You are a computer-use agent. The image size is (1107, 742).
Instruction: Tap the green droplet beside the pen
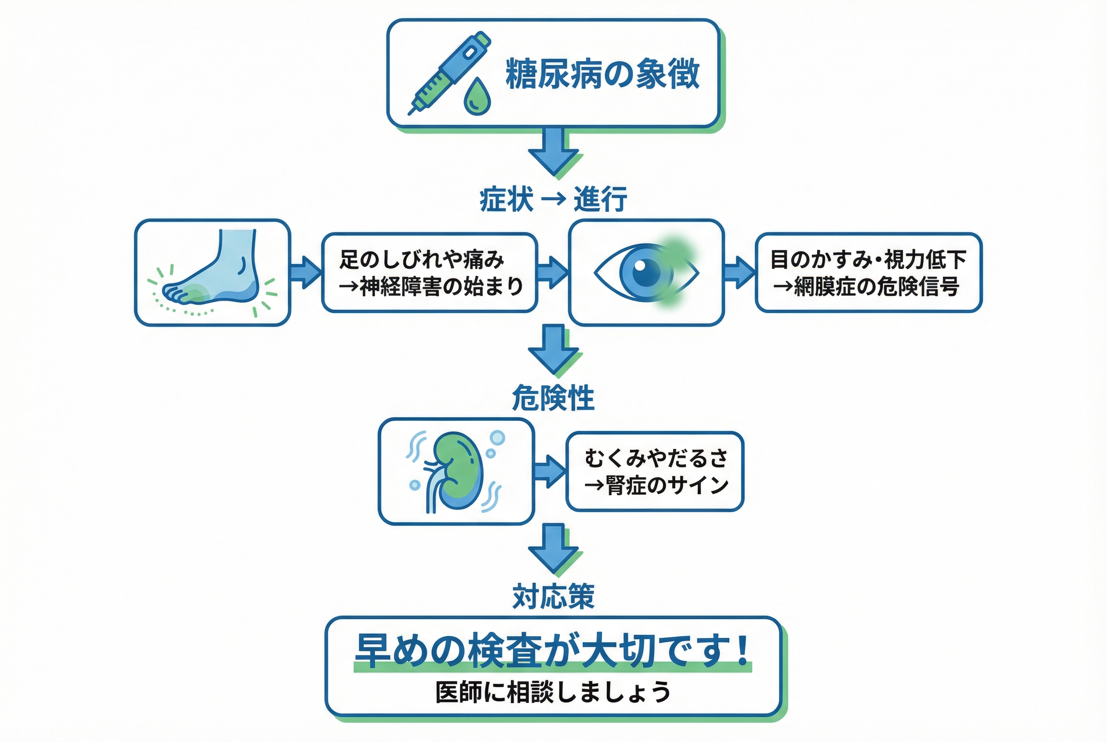pos(476,97)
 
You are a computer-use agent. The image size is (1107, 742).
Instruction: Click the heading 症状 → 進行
pos(553,199)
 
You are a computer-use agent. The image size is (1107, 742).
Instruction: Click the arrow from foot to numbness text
pos(305,272)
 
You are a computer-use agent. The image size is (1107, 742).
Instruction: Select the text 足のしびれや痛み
pos(422,259)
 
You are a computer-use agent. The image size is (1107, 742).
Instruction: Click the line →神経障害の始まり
pos(430,286)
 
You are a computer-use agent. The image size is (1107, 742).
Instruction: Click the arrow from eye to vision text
pos(739,272)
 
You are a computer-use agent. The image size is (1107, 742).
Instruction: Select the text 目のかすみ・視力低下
pos(868,259)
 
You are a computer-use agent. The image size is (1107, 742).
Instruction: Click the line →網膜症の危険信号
pos(866,286)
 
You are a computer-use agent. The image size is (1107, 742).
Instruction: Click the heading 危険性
pos(553,398)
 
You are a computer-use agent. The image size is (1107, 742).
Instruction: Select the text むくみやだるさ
pos(656,458)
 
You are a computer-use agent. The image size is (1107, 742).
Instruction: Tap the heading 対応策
pos(553,597)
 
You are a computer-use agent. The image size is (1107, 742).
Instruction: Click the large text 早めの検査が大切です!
pos(552,651)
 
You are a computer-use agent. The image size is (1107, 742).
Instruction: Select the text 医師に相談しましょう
pos(552,692)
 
